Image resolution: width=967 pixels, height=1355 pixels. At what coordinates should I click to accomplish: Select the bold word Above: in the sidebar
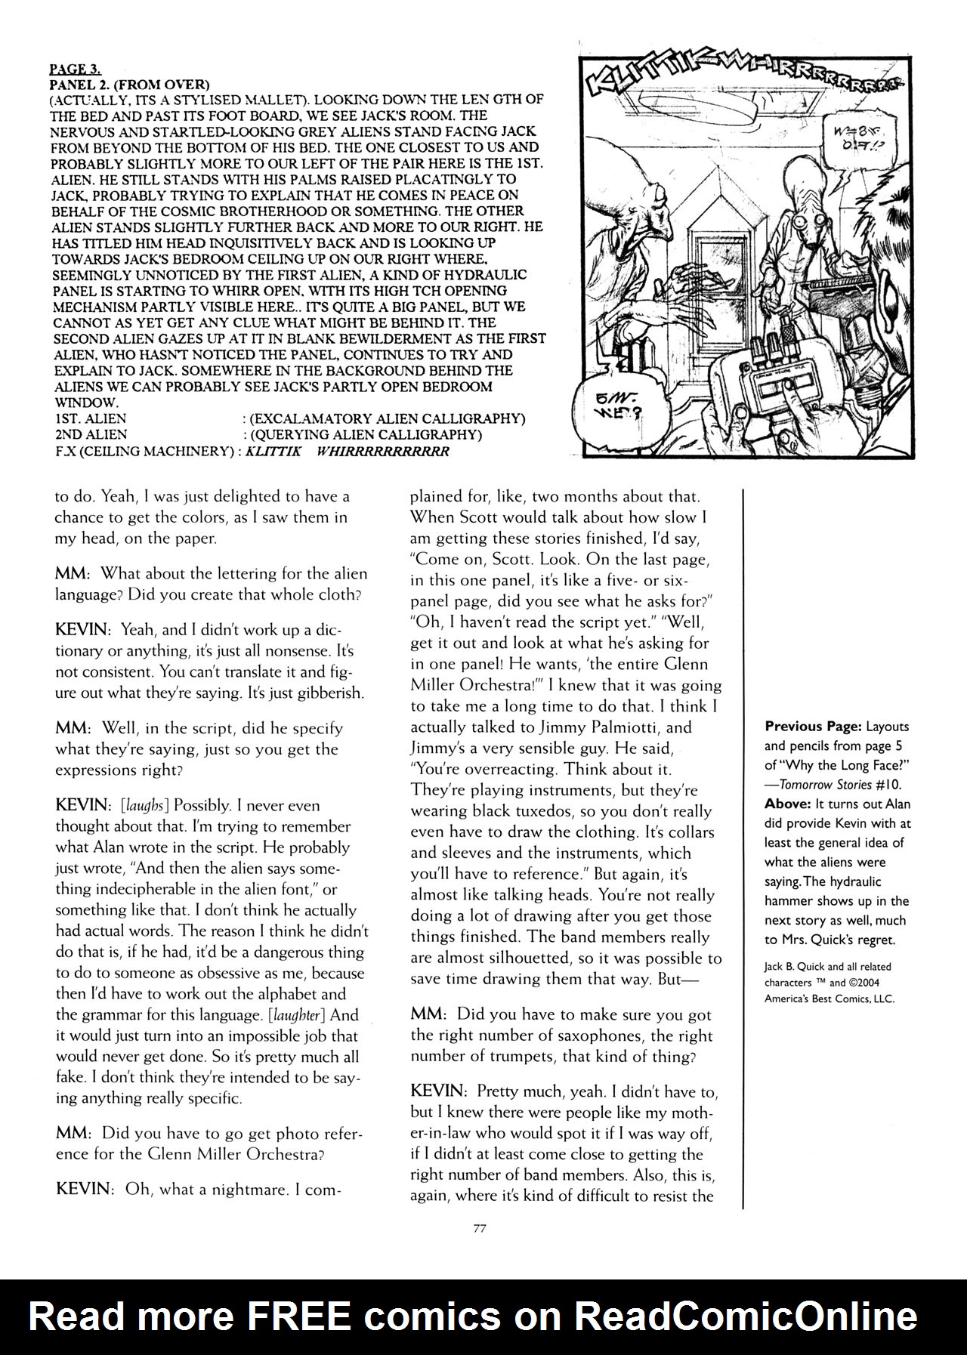click(x=786, y=804)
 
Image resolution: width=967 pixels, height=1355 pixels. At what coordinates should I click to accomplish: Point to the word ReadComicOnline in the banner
click(x=746, y=1316)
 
